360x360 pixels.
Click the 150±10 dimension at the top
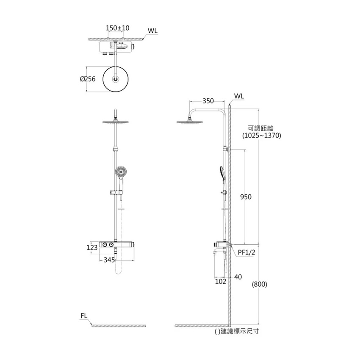(x=118, y=28)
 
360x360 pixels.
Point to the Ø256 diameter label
(x=88, y=79)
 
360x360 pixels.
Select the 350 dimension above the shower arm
(x=208, y=101)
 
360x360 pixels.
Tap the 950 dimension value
(x=246, y=197)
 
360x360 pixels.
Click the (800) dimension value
(x=260, y=284)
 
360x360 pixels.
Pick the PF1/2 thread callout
(x=246, y=252)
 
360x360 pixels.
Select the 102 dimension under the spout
(x=220, y=282)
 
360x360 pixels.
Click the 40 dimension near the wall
(x=238, y=277)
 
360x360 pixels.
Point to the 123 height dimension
(x=92, y=247)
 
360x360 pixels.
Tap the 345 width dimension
(x=109, y=260)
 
